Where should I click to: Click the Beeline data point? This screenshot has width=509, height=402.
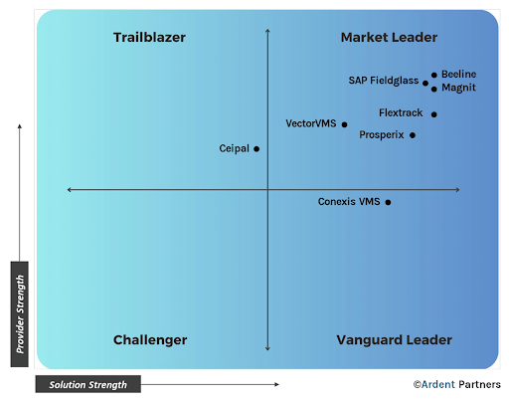point(434,75)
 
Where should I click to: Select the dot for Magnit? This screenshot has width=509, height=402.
point(434,89)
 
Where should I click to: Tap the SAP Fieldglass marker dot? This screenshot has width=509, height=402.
point(425,83)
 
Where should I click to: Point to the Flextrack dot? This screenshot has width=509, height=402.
point(434,114)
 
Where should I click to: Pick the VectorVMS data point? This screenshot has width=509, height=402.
point(345,124)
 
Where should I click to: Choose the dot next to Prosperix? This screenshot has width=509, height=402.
point(413,135)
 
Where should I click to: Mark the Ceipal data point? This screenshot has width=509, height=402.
point(256,149)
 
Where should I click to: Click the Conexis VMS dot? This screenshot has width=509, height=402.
point(388,202)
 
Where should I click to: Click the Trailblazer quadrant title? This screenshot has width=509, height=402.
point(149,38)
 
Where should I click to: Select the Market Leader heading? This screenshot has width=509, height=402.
point(389,38)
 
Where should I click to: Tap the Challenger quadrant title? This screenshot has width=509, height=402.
point(150,340)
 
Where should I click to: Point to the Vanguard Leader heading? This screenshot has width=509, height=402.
point(395,340)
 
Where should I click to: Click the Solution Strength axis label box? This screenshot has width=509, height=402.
point(88,384)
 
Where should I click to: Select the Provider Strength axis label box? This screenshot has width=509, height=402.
point(20,314)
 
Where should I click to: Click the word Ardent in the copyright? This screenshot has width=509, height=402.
point(438,384)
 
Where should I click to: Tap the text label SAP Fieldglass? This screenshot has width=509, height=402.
point(384,81)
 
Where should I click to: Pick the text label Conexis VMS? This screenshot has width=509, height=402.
point(349,202)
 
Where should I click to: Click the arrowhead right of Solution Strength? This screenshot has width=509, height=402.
point(277,384)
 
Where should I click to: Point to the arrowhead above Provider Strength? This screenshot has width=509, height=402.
point(20,126)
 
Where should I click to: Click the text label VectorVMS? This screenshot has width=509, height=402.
point(311,123)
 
